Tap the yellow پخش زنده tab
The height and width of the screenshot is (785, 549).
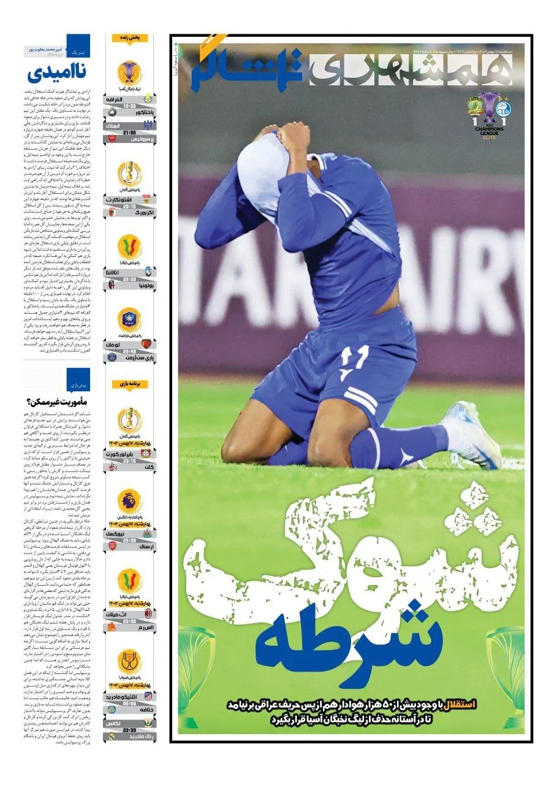pos(129,38)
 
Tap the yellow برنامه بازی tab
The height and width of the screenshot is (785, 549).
pos(129,384)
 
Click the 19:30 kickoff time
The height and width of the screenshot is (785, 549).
pos(129,105)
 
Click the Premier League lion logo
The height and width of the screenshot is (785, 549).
pos(129,501)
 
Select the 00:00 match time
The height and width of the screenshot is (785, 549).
pos(129,703)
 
